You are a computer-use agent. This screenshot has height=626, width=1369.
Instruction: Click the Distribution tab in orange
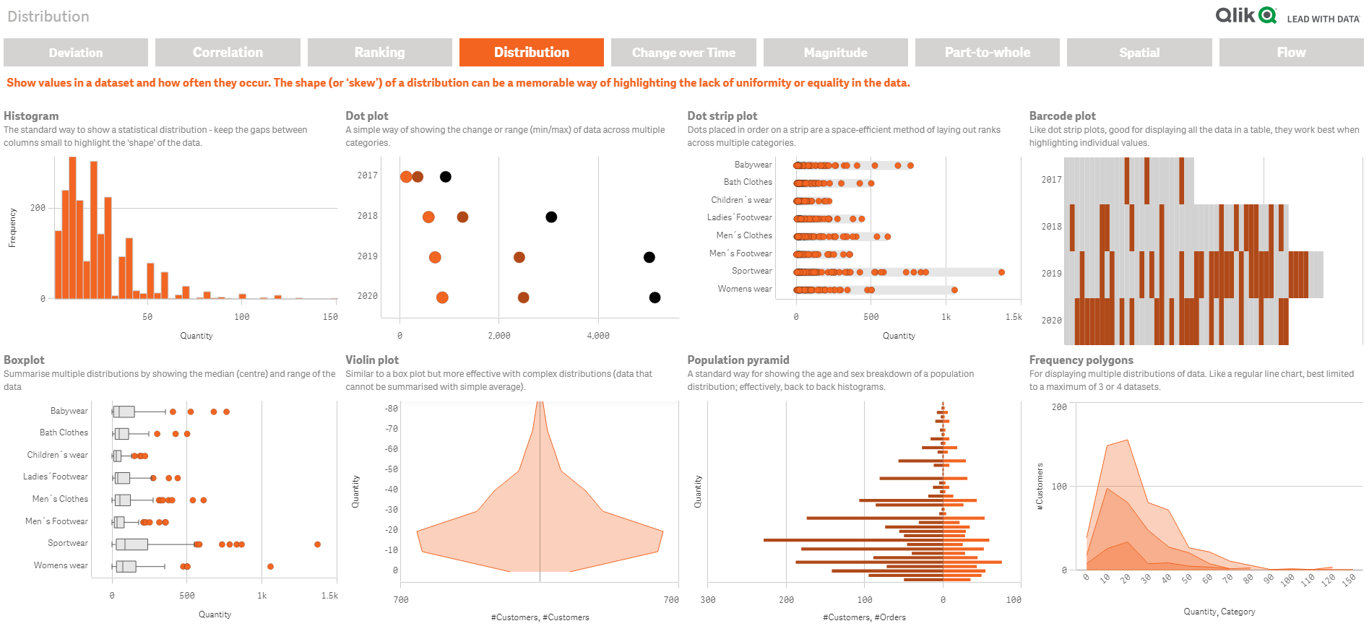tap(531, 53)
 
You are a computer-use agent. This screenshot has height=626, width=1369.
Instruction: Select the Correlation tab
tap(228, 53)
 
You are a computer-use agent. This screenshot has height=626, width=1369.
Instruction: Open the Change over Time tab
tap(683, 53)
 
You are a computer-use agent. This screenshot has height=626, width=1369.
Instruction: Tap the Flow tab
tap(1291, 53)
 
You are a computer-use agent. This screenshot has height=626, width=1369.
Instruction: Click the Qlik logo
tap(1245, 15)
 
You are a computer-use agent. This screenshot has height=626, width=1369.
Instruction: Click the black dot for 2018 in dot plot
tap(551, 217)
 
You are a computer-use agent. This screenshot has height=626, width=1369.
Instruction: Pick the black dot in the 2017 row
tap(446, 177)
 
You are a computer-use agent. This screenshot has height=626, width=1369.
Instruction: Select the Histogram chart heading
tap(31, 116)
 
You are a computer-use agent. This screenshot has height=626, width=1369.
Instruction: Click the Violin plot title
tap(372, 360)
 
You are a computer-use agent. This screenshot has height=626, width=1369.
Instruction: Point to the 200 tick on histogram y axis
tap(38, 208)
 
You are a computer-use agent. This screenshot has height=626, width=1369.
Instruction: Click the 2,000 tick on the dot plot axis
tap(498, 336)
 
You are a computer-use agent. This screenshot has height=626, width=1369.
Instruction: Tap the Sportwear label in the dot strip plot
tap(751, 271)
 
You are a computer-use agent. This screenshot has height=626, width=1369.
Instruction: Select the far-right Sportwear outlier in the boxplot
tap(317, 544)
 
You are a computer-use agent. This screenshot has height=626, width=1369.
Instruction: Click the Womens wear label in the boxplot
tap(61, 565)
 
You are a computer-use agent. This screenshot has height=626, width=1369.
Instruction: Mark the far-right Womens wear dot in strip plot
tap(954, 290)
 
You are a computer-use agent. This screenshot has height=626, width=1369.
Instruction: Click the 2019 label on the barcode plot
tap(1051, 274)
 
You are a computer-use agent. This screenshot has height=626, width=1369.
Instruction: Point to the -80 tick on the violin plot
tap(391, 409)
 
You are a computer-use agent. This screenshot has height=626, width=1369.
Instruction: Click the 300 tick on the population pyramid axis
tap(708, 600)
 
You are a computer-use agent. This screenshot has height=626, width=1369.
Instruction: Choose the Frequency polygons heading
tap(1081, 360)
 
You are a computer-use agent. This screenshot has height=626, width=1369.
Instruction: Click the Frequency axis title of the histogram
tap(12, 227)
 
